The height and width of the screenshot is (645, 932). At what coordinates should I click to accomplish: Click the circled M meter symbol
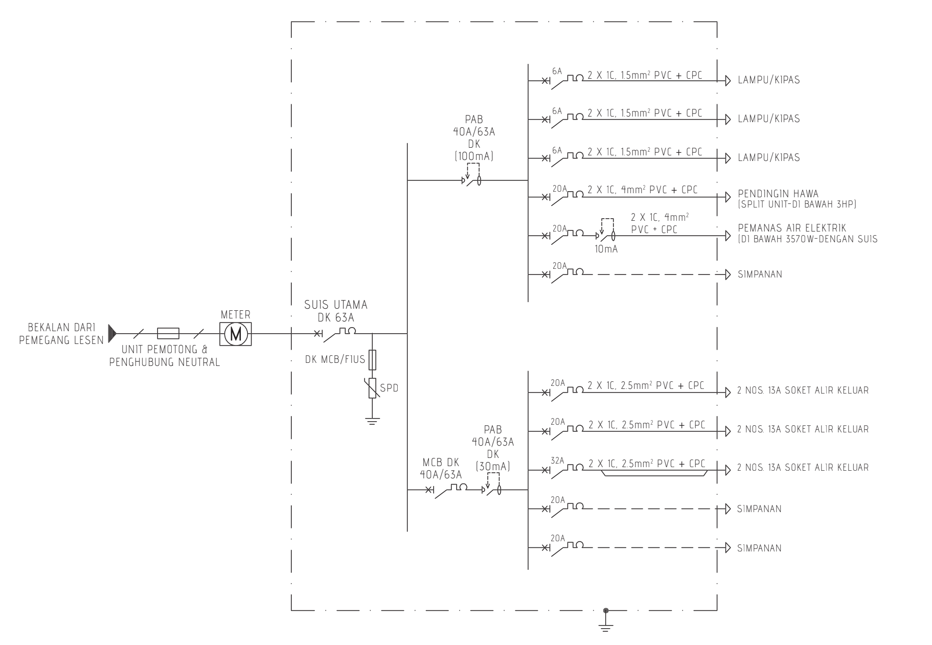(x=236, y=334)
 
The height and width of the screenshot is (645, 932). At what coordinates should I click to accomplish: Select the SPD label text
(x=390, y=388)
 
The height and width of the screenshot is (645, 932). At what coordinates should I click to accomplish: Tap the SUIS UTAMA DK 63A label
(x=336, y=311)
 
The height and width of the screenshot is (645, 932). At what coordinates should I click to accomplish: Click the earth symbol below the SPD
(x=372, y=421)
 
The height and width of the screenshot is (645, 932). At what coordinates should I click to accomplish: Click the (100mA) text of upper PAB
(x=474, y=157)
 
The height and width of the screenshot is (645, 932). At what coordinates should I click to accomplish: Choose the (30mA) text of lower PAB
(x=493, y=467)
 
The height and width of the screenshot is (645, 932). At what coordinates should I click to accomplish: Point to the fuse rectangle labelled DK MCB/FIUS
(x=372, y=360)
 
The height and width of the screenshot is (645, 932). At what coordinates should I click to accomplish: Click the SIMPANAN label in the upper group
(x=760, y=274)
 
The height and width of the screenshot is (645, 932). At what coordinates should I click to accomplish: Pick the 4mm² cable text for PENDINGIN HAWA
(x=643, y=190)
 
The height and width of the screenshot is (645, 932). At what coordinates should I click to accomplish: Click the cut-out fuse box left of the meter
(x=168, y=334)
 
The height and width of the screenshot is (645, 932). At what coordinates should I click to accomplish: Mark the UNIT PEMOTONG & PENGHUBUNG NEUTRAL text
(x=165, y=357)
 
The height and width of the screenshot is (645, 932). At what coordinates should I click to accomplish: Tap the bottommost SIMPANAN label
(x=759, y=548)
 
